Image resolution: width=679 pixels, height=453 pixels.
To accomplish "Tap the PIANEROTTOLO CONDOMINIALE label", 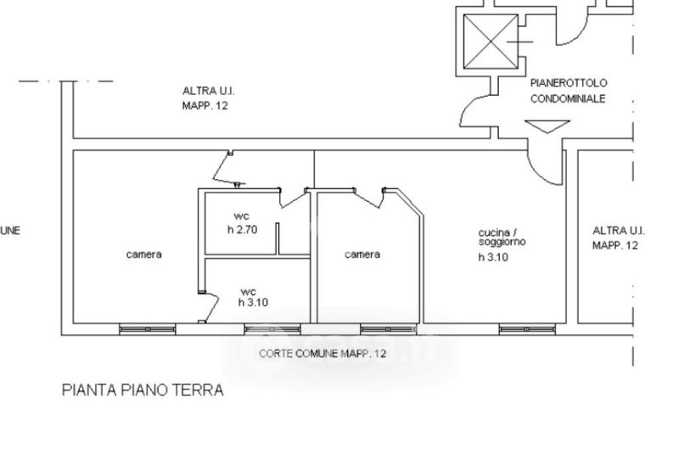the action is point(569,91).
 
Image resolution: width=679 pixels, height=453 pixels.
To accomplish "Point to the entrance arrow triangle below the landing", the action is point(547,126).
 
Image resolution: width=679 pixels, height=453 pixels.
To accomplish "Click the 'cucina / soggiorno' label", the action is point(502,237).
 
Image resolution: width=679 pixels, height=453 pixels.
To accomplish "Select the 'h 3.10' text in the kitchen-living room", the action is point(492,259).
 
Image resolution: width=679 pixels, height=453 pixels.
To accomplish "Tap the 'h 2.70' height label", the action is point(242,229).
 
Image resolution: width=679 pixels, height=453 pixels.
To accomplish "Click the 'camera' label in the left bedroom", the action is point(143,254).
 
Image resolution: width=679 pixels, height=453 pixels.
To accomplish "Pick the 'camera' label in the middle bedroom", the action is point(362,254).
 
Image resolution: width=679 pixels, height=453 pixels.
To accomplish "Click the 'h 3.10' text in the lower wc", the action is point(253,302).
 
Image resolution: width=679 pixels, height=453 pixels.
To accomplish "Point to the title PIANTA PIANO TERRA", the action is point(143,390).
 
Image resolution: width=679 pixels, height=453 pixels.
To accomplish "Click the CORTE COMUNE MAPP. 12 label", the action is point(323,353).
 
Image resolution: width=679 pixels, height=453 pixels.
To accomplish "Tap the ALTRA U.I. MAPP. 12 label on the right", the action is point(616,238).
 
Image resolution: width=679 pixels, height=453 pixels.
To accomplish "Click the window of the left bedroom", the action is point(148,328).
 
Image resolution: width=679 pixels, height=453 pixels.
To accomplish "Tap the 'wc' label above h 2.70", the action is point(241,216).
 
